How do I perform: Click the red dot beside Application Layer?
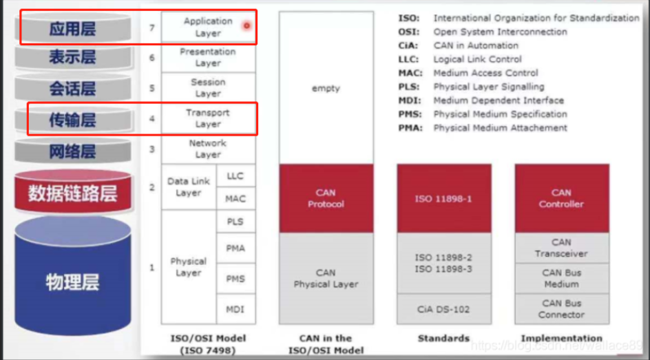tap(246, 25)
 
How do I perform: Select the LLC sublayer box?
tap(235, 176)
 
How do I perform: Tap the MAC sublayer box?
tap(235, 199)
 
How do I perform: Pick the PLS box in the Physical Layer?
tap(235, 222)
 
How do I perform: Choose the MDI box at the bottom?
tap(235, 310)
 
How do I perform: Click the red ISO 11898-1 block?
tap(443, 198)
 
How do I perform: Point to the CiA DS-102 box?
tap(443, 309)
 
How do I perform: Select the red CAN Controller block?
tap(561, 198)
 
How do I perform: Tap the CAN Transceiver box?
tap(561, 248)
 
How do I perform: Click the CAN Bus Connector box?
tap(561, 308)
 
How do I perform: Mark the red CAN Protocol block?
tap(326, 198)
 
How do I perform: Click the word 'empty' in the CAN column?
tap(326, 89)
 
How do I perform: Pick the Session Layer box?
tap(208, 87)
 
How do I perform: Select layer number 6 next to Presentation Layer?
tap(152, 57)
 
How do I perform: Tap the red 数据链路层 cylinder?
tap(72, 193)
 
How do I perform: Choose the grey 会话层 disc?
tap(72, 89)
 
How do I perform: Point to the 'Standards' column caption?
tap(443, 338)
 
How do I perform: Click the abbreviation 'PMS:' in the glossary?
tap(410, 114)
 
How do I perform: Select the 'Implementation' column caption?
tap(561, 338)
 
